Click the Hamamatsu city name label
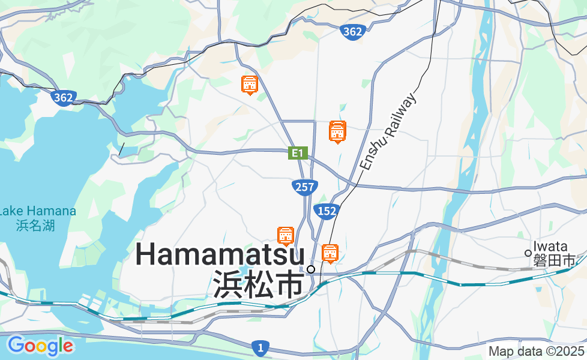(220, 255)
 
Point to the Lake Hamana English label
(37, 211)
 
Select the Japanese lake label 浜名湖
(35, 226)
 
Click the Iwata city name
(550, 247)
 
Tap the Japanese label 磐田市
(555, 260)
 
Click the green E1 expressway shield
(297, 153)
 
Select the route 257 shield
(305, 187)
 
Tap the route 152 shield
(327, 211)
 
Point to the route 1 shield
(260, 347)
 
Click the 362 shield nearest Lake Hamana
(63, 97)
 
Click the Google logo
(40, 346)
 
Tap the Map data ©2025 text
(536, 352)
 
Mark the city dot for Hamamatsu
(311, 269)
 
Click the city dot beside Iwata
(528, 253)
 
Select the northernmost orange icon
(250, 85)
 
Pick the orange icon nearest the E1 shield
(338, 132)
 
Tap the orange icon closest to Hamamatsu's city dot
(330, 254)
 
